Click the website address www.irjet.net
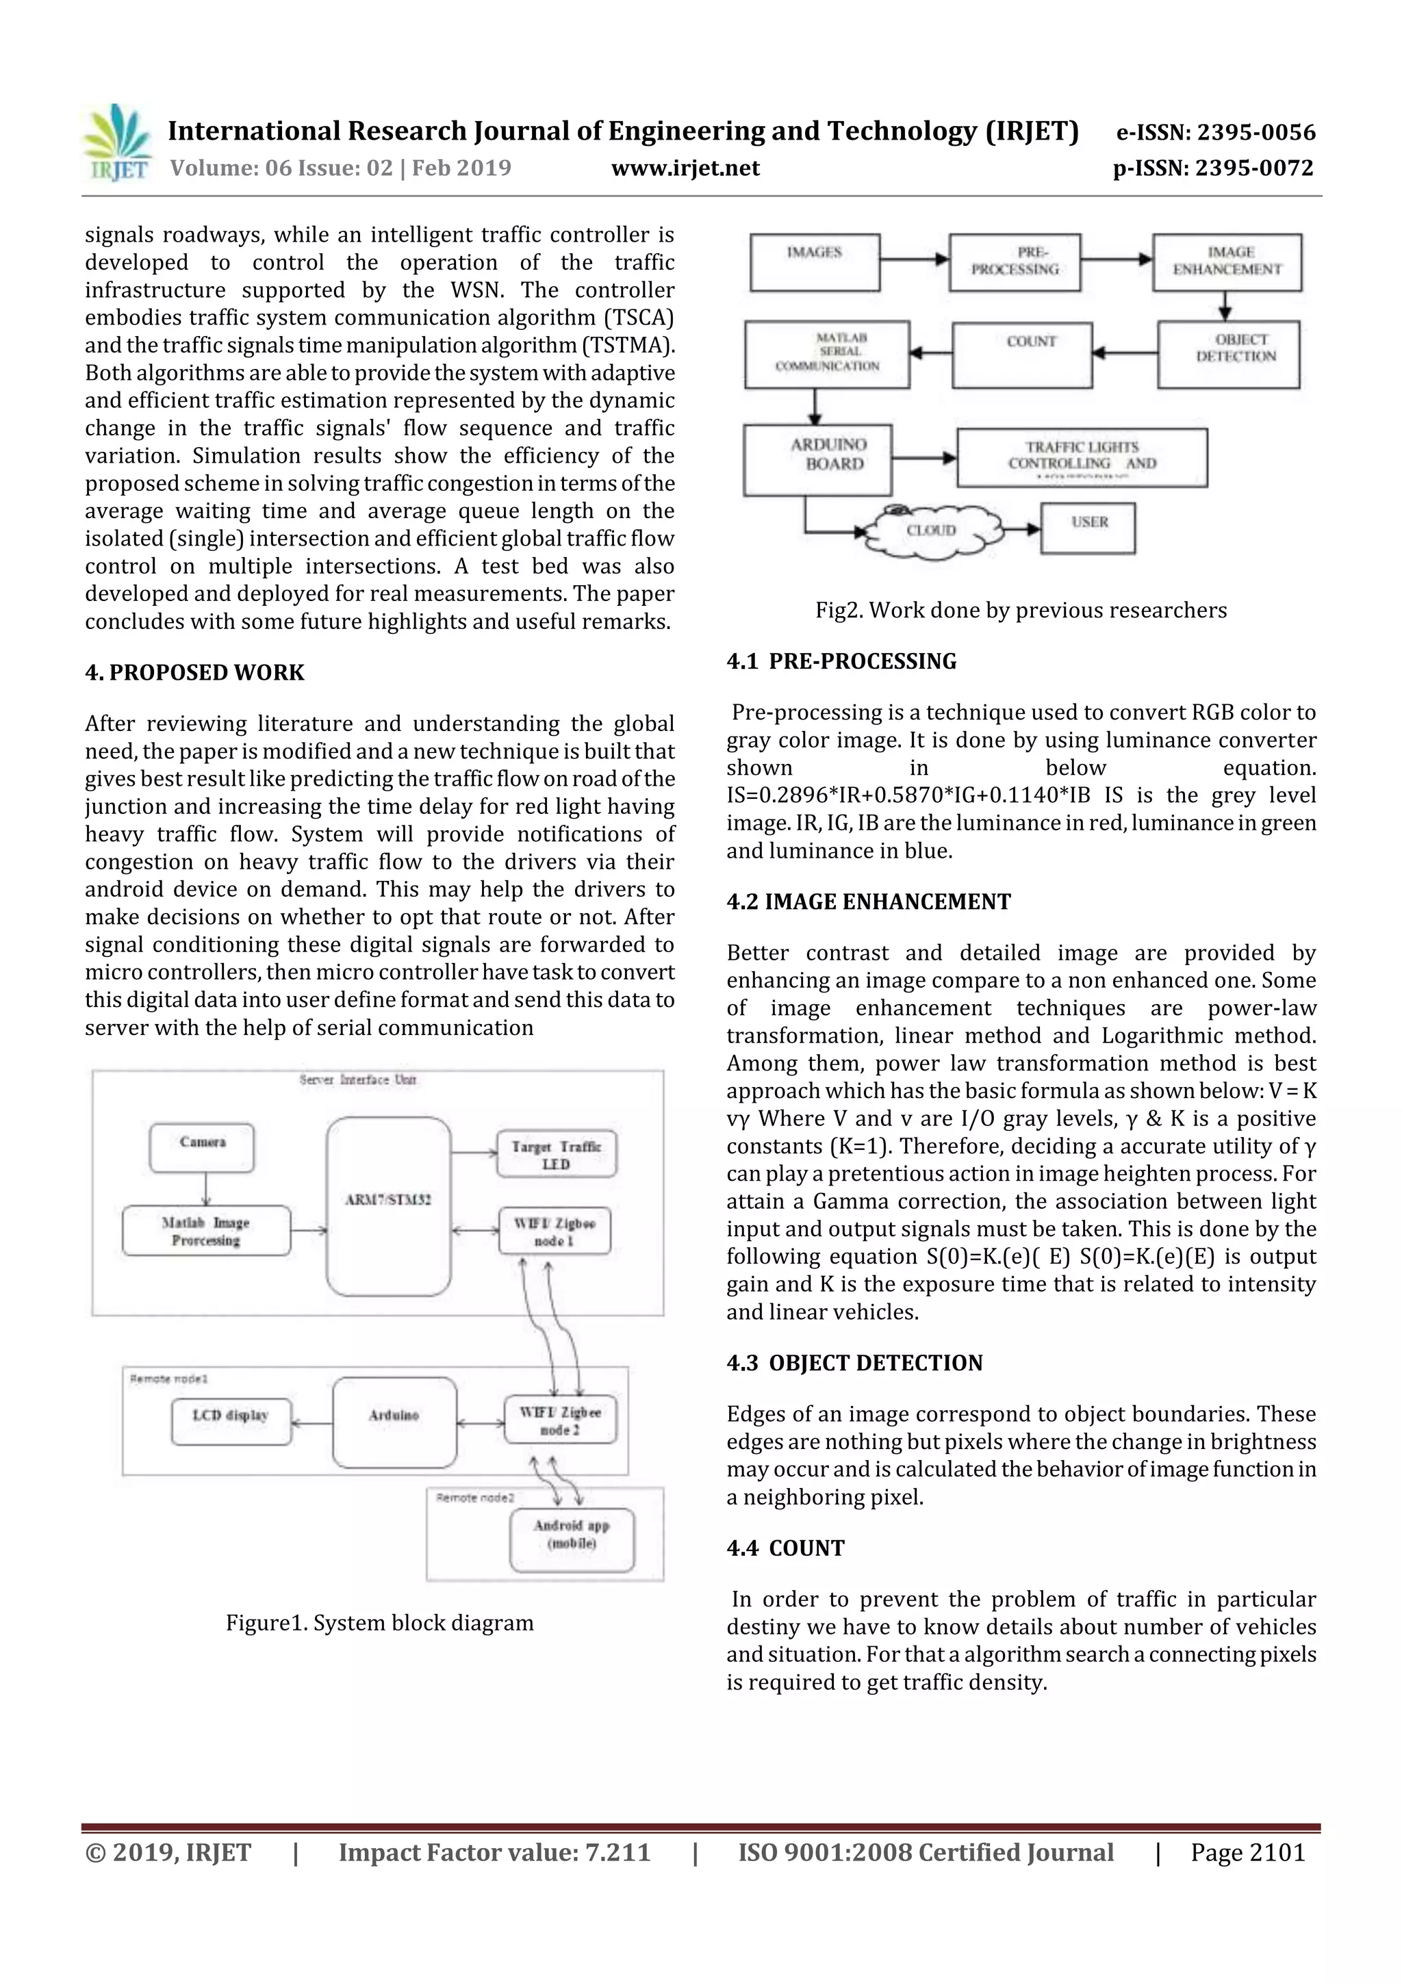[685, 168]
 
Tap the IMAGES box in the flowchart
[815, 261]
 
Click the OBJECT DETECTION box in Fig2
[1228, 354]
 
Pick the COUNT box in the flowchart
[1022, 354]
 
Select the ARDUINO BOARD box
[816, 459]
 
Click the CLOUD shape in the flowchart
[931, 530]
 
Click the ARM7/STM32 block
[389, 1205]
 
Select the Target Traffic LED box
[557, 1155]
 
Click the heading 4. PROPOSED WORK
[194, 672]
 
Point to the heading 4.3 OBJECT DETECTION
[854, 1362]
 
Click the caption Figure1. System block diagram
[379, 1622]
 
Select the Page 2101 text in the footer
[1247, 1852]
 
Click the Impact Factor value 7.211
[617, 1852]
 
